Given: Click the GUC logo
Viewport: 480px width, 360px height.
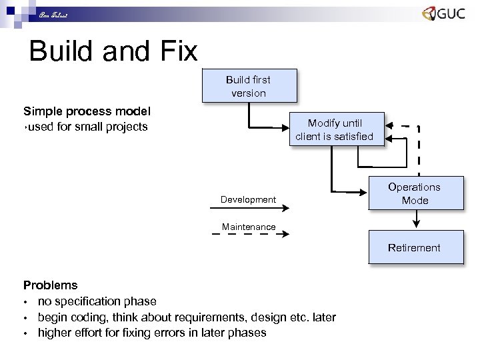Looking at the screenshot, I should pos(443,15).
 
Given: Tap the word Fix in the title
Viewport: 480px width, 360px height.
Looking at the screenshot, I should pos(178,52).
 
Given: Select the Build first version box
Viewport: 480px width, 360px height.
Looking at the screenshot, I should pos(248,86).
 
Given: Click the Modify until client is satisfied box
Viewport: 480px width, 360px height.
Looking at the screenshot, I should pos(335,129).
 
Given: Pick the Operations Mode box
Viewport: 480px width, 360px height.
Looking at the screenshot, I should pos(415,193).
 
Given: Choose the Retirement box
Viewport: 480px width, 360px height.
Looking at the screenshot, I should pos(415,247).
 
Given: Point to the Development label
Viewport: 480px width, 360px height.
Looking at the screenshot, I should pos(248,199).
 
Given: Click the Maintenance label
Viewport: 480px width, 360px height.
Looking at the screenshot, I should pos(249,227).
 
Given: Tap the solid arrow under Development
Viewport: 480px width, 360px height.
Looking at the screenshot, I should pos(249,208).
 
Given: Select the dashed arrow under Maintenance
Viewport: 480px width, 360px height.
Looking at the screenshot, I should pos(249,235).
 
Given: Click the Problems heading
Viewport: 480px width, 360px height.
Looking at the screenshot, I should pos(51,285).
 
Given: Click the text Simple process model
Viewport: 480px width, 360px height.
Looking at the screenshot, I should pos(87,111).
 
